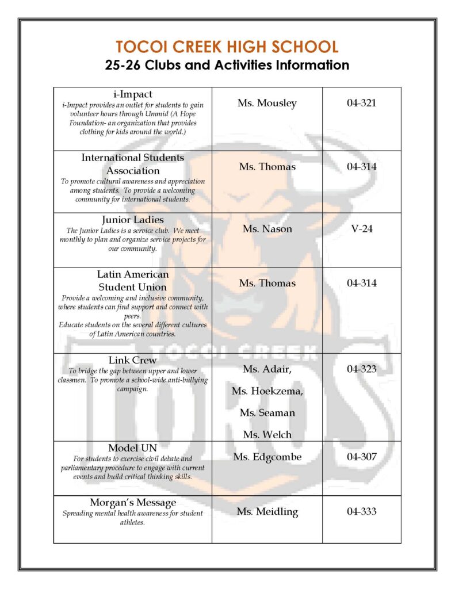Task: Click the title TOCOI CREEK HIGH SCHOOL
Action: [227, 47]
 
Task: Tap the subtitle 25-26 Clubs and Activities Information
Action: [227, 65]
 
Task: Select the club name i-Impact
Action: [133, 94]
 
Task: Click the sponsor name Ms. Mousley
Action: [267, 104]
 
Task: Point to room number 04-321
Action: [362, 104]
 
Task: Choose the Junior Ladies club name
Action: [133, 220]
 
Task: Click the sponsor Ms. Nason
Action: [267, 229]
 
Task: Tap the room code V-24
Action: [362, 229]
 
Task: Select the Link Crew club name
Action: [133, 361]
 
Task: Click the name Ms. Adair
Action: [267, 369]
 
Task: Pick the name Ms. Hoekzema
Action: [267, 391]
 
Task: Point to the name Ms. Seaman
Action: [267, 413]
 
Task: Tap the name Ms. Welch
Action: [267, 434]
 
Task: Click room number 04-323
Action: [362, 369]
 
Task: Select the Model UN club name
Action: [133, 448]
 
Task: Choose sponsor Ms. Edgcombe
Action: [267, 457]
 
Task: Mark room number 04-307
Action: [362, 457]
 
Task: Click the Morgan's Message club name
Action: [133, 503]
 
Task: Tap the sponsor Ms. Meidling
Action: [267, 511]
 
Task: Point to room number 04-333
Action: [362, 511]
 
